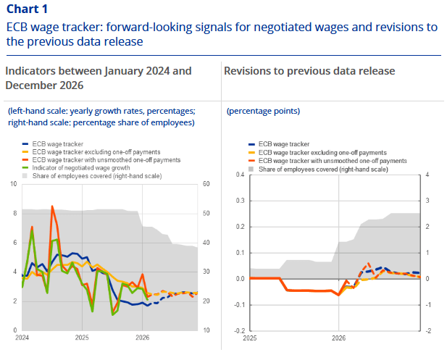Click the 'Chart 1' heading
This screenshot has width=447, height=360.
pos(27,9)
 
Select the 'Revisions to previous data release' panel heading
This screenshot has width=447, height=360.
pos(309,71)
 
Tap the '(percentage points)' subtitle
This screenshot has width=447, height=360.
pos(263,111)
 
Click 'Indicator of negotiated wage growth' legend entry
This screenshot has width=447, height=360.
pos(81,168)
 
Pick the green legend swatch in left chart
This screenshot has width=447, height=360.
pos(25,168)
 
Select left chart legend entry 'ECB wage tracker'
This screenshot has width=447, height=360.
pos(57,144)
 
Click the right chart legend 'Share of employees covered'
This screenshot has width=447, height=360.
pos(323,169)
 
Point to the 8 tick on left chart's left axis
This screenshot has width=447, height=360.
pos(15,213)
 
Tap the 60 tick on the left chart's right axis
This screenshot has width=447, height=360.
pos(206,184)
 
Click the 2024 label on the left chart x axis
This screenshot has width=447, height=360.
pos(22,338)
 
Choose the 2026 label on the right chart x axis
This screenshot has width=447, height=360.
pos(338,338)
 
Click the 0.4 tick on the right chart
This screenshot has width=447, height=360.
pos(240,175)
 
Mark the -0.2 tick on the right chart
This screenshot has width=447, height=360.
pos(239,331)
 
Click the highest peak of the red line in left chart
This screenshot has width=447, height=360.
pos(52,206)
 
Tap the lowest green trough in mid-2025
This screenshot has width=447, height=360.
pos(112,314)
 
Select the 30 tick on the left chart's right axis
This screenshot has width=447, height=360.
pos(206,272)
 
